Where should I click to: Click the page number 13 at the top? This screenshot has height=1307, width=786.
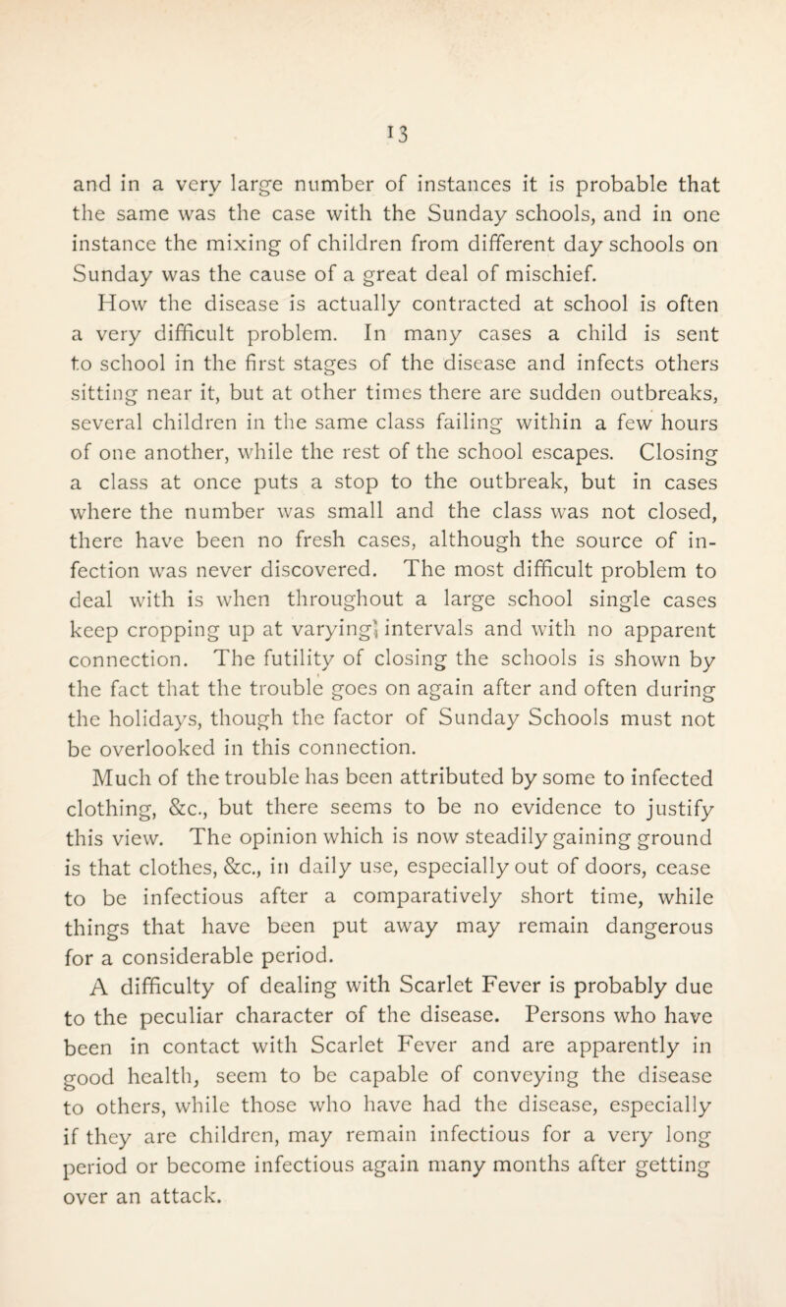point(394,99)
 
